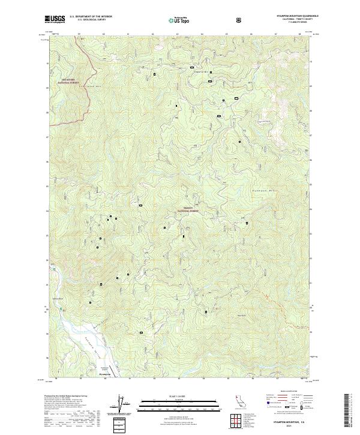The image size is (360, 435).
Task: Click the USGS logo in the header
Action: pos(55,20)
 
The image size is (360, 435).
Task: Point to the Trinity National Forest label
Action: pos(187,211)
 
